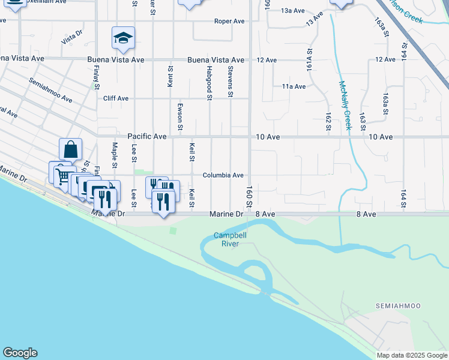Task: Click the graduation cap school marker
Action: (123, 38)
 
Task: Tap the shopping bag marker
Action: (70, 149)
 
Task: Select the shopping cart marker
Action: (62, 176)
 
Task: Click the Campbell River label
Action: (226, 240)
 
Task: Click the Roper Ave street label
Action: (229, 22)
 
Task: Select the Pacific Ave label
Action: (146, 137)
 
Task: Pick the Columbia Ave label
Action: (223, 175)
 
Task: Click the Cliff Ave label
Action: (116, 98)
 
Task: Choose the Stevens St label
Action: (230, 82)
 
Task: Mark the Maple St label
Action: (114, 155)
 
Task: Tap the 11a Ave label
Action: (294, 86)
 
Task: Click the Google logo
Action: (20, 353)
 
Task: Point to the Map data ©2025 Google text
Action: (412, 355)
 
